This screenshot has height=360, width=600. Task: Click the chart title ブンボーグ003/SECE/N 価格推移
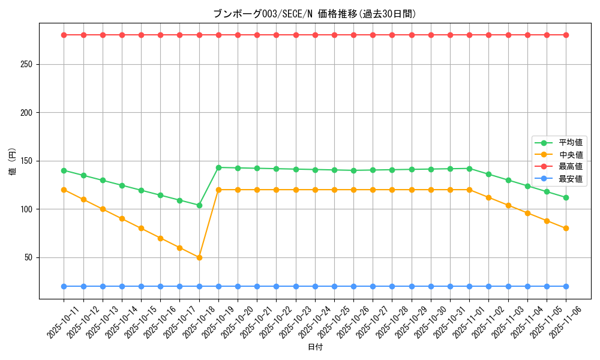click(314, 14)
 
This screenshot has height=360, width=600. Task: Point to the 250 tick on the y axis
click(28, 64)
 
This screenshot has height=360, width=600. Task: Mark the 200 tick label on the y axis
click(28, 113)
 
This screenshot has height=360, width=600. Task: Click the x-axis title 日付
click(315, 347)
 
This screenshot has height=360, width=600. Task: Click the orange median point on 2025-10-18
click(199, 257)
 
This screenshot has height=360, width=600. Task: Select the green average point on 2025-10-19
click(218, 167)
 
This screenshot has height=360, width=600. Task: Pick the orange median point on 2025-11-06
click(566, 229)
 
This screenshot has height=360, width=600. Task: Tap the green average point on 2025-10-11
click(64, 170)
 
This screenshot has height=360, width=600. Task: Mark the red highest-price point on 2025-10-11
click(64, 35)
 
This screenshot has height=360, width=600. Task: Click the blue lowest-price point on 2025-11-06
click(566, 286)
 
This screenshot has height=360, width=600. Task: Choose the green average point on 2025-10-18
click(199, 205)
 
